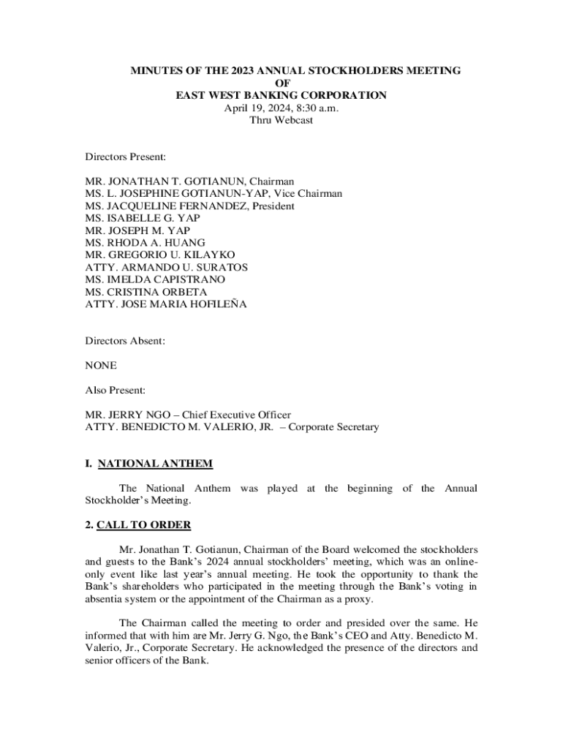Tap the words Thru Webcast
pyautogui.click(x=281, y=120)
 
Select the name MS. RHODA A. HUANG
pyautogui.click(x=145, y=242)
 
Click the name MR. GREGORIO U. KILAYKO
pyautogui.click(x=156, y=255)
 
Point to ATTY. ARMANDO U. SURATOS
pyautogui.click(x=166, y=267)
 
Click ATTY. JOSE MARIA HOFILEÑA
pyautogui.click(x=166, y=304)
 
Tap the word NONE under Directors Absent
pyautogui.click(x=101, y=365)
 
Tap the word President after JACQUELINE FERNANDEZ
pyautogui.click(x=273, y=206)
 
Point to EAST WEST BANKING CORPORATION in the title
pyautogui.click(x=281, y=95)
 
